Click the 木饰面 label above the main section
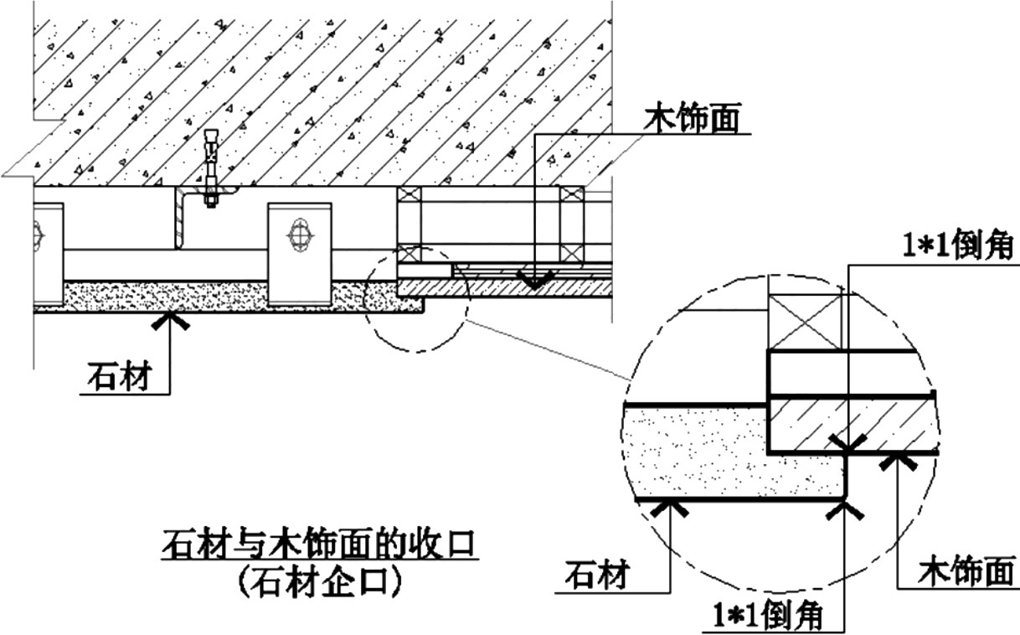tap(692, 119)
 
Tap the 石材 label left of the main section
tap(119, 378)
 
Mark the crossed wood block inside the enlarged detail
tap(806, 322)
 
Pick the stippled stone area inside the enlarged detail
tap(703, 452)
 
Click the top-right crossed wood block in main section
tap(573, 194)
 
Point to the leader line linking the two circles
tap(549, 348)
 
